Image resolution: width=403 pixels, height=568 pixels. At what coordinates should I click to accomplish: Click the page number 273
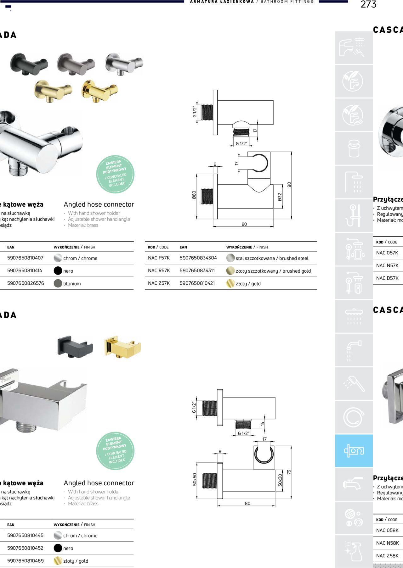368,4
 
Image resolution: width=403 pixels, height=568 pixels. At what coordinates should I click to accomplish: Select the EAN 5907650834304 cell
198,258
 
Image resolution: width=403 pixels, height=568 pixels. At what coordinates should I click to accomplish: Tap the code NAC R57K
159,270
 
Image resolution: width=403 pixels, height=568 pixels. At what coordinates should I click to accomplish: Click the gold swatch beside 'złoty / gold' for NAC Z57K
230,283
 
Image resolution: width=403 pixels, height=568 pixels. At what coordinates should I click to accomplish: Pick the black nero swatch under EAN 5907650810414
58,271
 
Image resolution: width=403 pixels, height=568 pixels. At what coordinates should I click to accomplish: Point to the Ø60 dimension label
194,195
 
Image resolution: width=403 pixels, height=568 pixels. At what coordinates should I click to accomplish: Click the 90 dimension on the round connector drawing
289,185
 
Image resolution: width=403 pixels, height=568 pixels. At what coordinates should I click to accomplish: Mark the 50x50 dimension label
195,479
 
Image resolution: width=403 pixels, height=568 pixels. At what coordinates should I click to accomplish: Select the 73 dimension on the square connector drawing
289,472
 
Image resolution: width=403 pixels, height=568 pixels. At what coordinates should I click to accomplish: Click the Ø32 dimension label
280,197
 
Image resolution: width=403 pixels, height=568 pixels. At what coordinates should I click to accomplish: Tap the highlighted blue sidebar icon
354,451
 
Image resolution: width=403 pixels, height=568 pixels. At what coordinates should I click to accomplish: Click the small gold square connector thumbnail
122,347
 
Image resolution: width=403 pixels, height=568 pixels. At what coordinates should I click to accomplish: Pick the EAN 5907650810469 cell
26,560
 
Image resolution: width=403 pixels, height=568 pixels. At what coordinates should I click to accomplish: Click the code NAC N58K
387,543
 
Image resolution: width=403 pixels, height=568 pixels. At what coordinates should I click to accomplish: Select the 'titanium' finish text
72,284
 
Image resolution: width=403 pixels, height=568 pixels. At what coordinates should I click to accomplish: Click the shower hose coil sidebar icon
354,417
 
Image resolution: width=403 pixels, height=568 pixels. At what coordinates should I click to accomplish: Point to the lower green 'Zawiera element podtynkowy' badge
115,451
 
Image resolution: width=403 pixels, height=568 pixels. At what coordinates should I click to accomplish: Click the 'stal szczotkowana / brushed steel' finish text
272,258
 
